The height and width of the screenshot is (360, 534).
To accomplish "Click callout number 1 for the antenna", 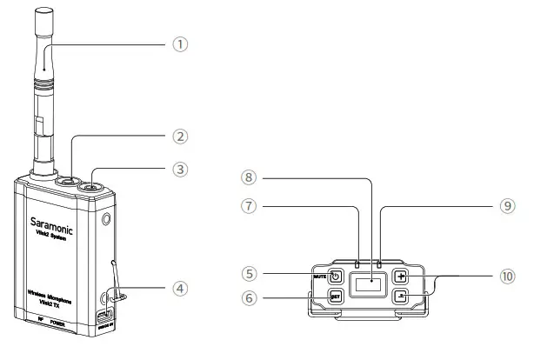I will tap(180, 43).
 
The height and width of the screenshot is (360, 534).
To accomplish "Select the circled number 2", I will tap(180, 136).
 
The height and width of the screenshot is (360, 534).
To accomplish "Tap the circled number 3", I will tap(180, 170).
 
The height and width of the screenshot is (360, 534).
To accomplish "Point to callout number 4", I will tap(180, 287).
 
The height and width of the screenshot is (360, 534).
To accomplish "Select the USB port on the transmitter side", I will tap(105, 315).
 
